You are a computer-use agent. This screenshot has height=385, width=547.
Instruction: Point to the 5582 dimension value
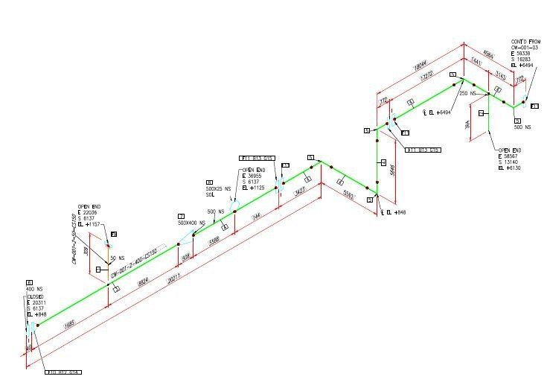(x=348, y=193)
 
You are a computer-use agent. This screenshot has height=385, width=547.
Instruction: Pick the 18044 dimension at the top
(x=420, y=65)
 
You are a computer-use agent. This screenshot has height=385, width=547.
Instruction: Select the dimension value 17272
(x=426, y=76)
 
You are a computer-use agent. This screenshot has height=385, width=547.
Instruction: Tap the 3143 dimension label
(x=501, y=75)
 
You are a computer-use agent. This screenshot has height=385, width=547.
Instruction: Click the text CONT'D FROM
(x=524, y=41)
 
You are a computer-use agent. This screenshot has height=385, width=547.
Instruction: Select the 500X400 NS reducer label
(x=191, y=223)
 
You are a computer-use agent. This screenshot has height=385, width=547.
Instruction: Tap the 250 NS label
(x=467, y=93)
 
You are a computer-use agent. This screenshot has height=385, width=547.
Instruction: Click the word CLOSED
(x=36, y=296)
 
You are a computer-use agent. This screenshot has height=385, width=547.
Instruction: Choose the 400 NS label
(x=34, y=289)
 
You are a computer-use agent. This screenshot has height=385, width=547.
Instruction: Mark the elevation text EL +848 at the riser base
(x=394, y=213)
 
